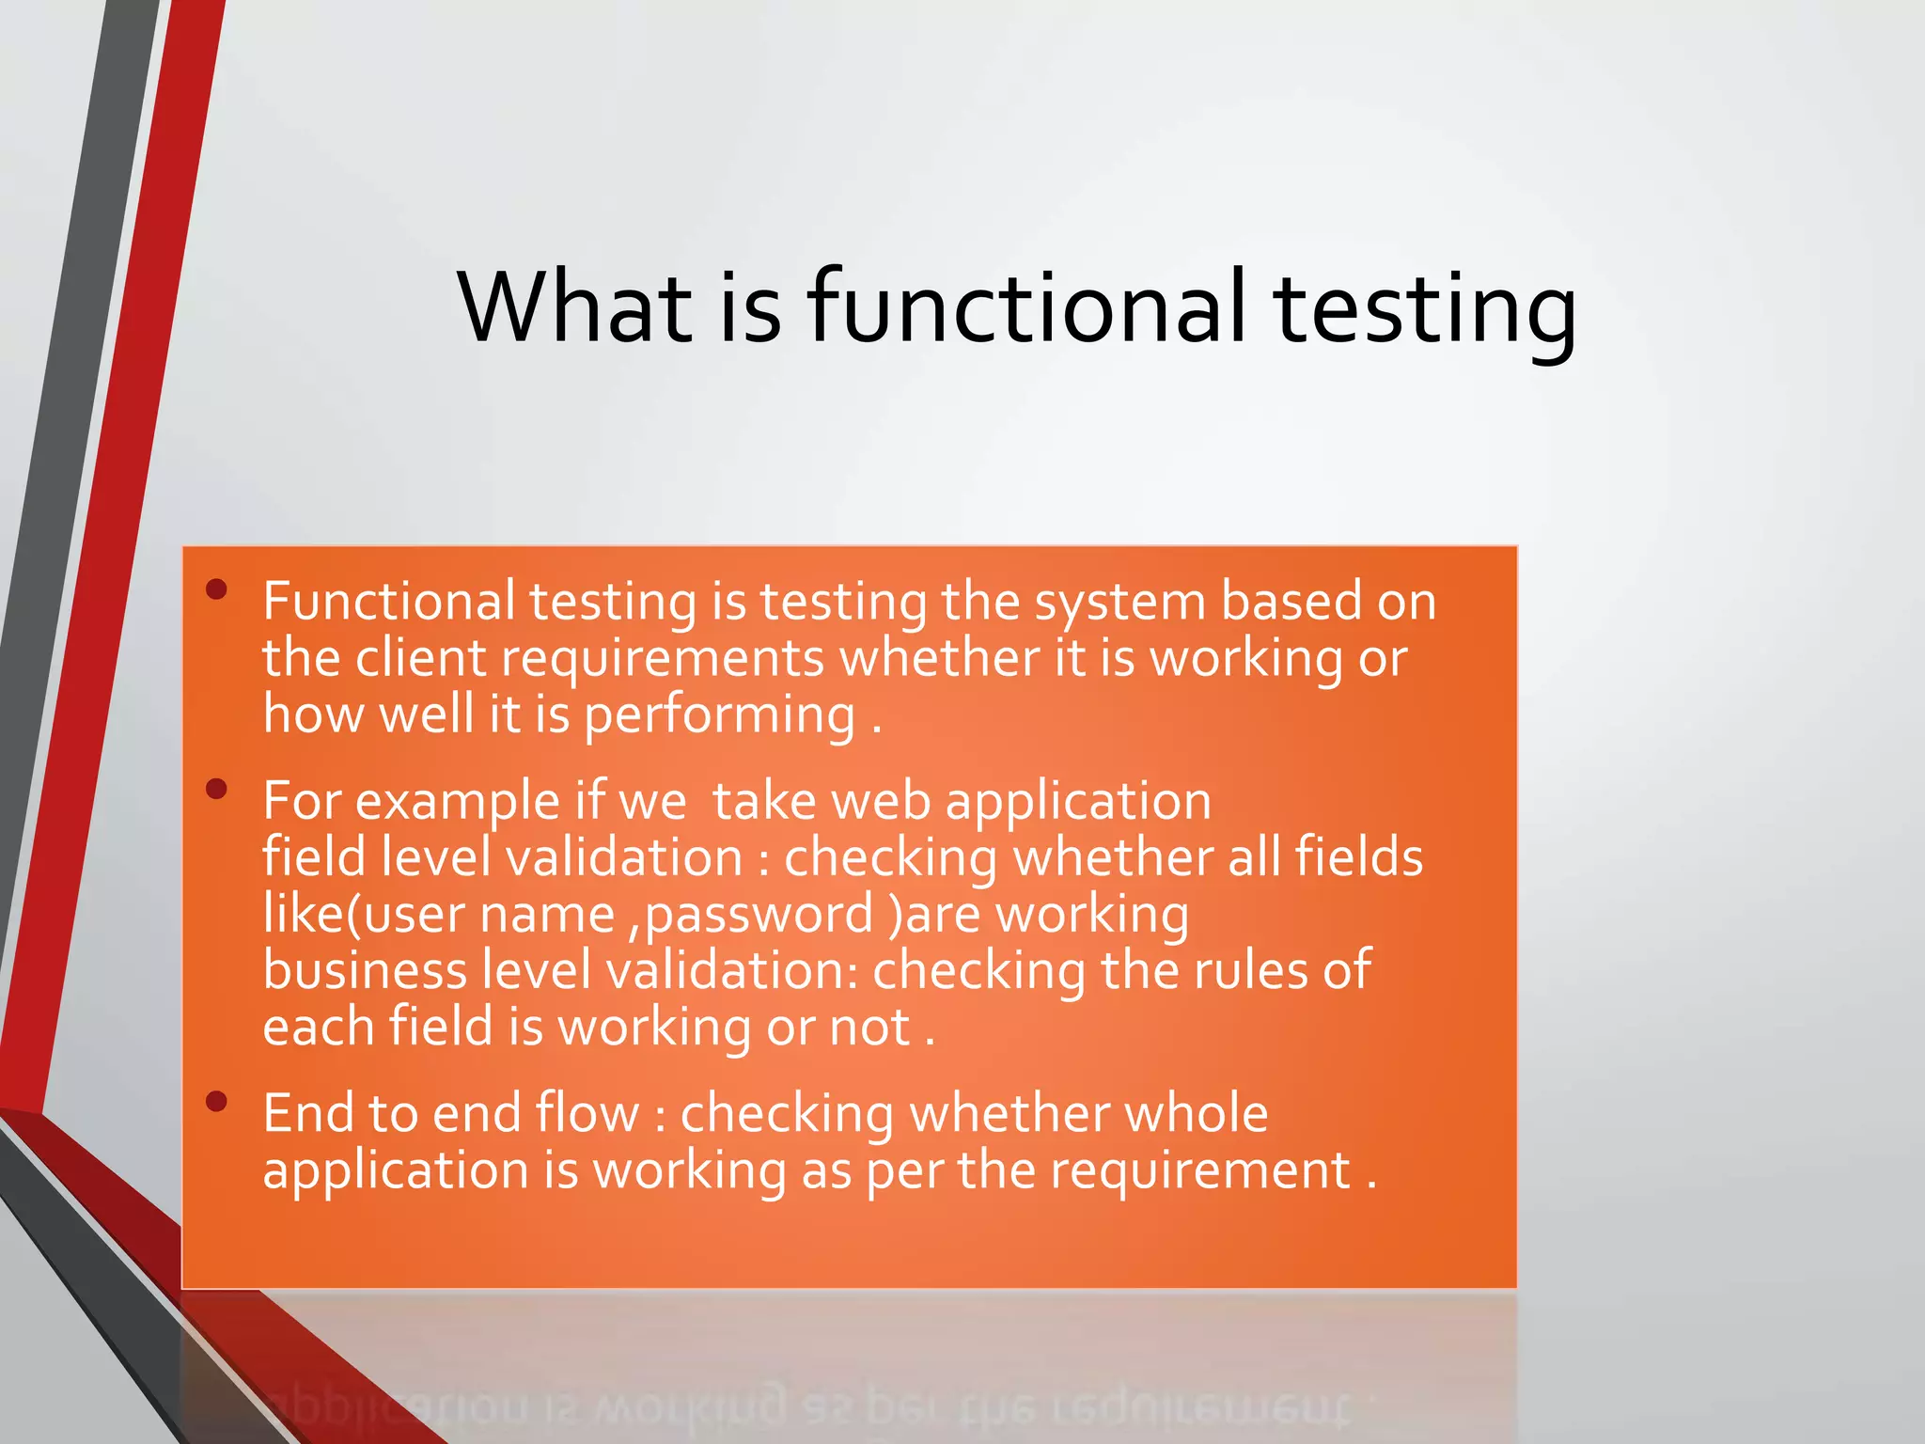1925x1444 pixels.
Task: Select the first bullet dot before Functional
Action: tap(217, 589)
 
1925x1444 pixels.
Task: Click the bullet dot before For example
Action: tap(217, 789)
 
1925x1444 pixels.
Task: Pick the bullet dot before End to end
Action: tap(217, 1102)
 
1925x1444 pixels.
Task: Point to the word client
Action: tap(420, 658)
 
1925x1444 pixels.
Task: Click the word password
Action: tap(759, 916)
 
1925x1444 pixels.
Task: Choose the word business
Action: tap(365, 970)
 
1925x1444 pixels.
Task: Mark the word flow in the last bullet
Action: tap(587, 1113)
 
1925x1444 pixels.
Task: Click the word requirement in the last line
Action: tap(1200, 1171)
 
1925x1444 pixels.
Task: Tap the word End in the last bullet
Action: tap(307, 1113)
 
